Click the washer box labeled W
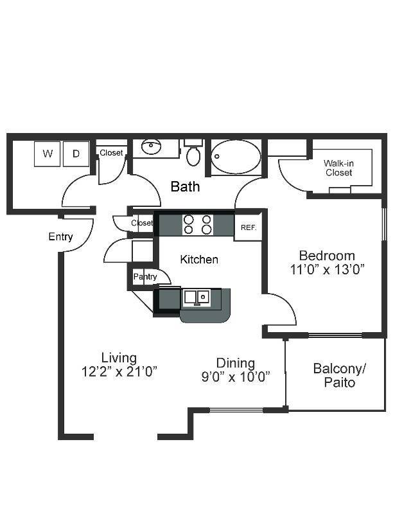click(48, 154)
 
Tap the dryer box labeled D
click(76, 154)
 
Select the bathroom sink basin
click(152, 147)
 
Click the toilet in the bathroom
click(193, 154)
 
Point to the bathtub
click(236, 157)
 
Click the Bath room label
click(185, 187)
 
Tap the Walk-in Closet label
click(338, 168)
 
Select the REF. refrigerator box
click(248, 227)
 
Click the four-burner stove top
click(197, 224)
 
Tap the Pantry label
click(145, 277)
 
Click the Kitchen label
click(199, 260)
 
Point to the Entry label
click(61, 236)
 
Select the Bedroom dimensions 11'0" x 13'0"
click(327, 270)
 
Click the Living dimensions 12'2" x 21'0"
click(119, 371)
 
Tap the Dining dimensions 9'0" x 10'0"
click(235, 377)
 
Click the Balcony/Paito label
click(340, 375)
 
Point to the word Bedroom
click(327, 255)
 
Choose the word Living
click(119, 357)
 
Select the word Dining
click(235, 362)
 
